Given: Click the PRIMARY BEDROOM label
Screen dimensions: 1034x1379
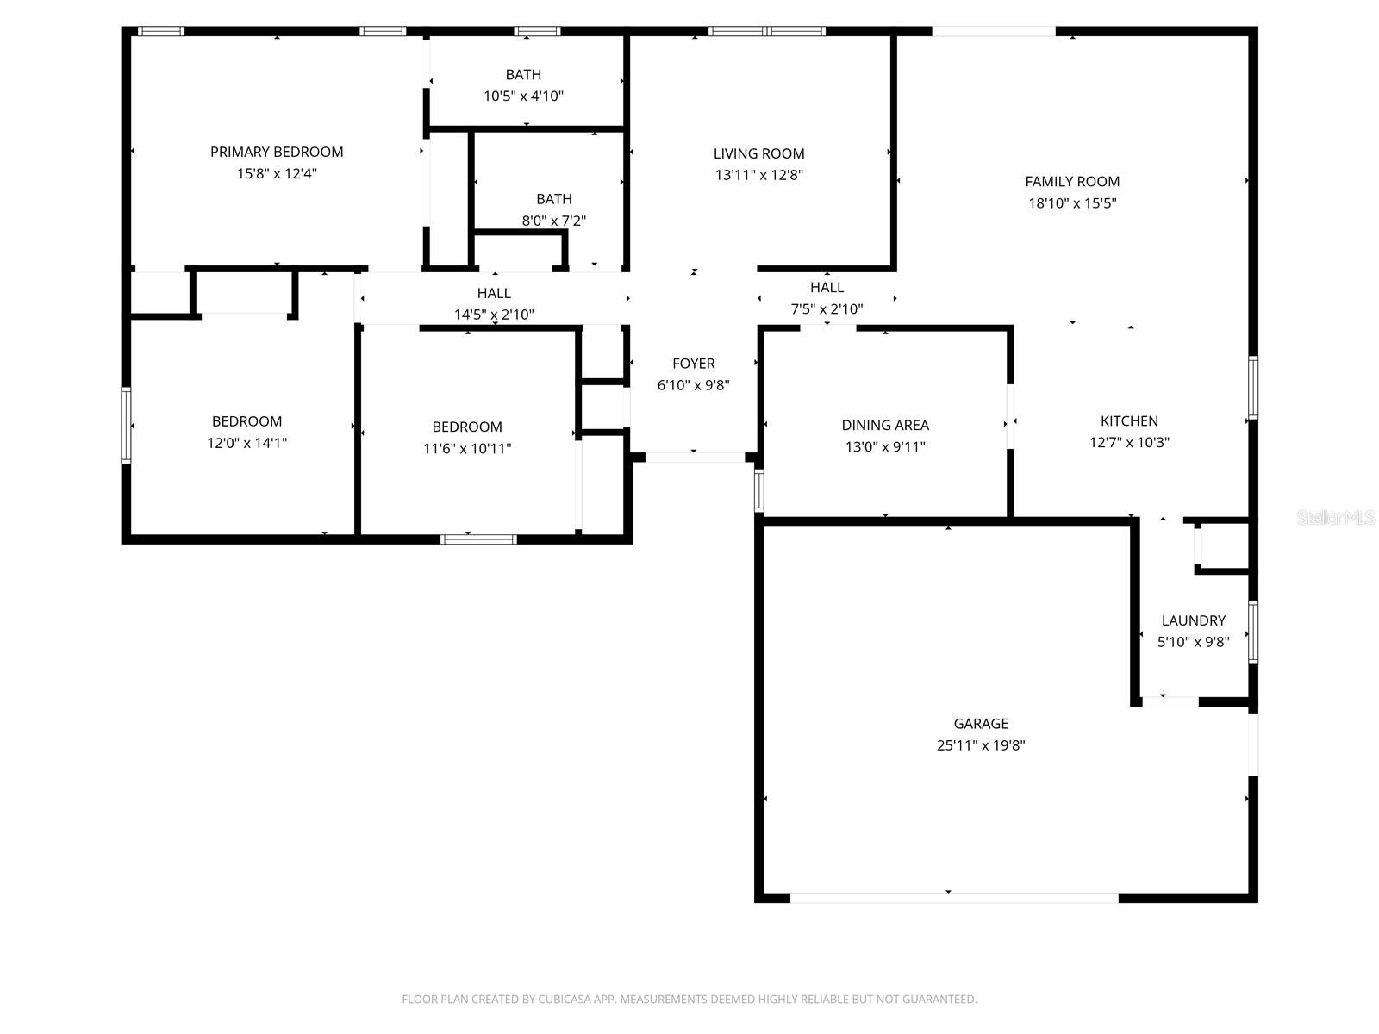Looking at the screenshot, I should coord(277,152).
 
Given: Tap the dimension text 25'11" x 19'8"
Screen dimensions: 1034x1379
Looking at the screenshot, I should coord(981,745).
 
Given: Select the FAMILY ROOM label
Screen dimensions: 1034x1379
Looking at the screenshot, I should coord(1072,182).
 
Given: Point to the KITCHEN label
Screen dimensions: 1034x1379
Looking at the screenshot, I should coord(1129,421).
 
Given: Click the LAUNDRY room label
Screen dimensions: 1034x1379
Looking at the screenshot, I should coord(1193,620).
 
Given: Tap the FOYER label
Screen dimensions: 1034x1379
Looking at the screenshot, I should coord(693,364).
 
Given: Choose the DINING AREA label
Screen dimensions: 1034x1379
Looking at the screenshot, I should coord(885,425).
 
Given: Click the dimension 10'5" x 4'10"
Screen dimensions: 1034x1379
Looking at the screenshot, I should coord(523,96).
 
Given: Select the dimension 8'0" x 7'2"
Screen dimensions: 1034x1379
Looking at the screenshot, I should coord(553,221).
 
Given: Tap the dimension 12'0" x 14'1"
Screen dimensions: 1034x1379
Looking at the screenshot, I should coord(246,443).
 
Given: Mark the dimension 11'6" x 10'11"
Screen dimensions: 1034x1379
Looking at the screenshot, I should coord(467,448).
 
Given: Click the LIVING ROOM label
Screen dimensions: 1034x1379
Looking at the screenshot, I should coord(758,153).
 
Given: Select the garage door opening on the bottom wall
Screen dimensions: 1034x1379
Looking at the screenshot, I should coord(954,898).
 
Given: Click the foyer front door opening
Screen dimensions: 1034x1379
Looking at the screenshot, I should coord(695,458).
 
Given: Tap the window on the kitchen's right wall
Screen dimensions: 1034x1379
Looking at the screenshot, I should coord(1253,388).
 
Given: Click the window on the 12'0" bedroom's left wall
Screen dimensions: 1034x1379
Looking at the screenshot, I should coord(126,426).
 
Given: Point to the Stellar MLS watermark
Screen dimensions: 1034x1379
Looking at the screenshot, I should coord(1335,518).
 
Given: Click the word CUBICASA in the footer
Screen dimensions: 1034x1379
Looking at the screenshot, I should coord(565,1000).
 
